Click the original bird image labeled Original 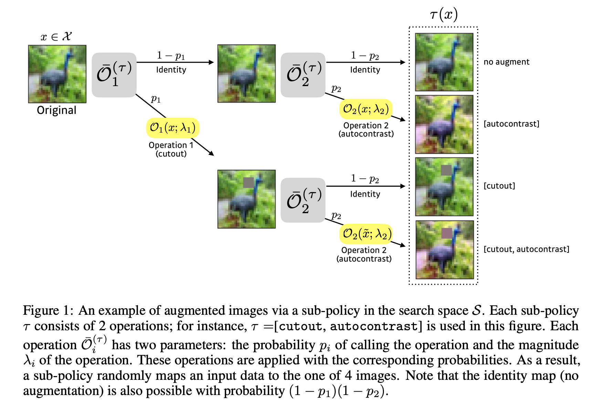[x=57, y=74]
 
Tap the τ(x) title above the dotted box [x=443, y=14]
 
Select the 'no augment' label [x=506, y=62]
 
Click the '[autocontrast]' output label [x=511, y=124]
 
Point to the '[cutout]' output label [x=499, y=186]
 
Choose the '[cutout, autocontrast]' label [x=526, y=249]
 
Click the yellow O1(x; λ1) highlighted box [x=173, y=128]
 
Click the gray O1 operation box [x=114, y=75]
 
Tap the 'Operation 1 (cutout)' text [x=171, y=149]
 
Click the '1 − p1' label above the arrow [x=171, y=55]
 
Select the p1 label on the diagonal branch [x=156, y=99]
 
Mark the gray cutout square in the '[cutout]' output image [x=446, y=170]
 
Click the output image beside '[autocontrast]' [x=444, y=124]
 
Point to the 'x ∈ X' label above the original [x=56, y=37]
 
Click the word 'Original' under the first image [x=56, y=110]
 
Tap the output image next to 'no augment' [x=444, y=62]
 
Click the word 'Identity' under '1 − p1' [x=171, y=70]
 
